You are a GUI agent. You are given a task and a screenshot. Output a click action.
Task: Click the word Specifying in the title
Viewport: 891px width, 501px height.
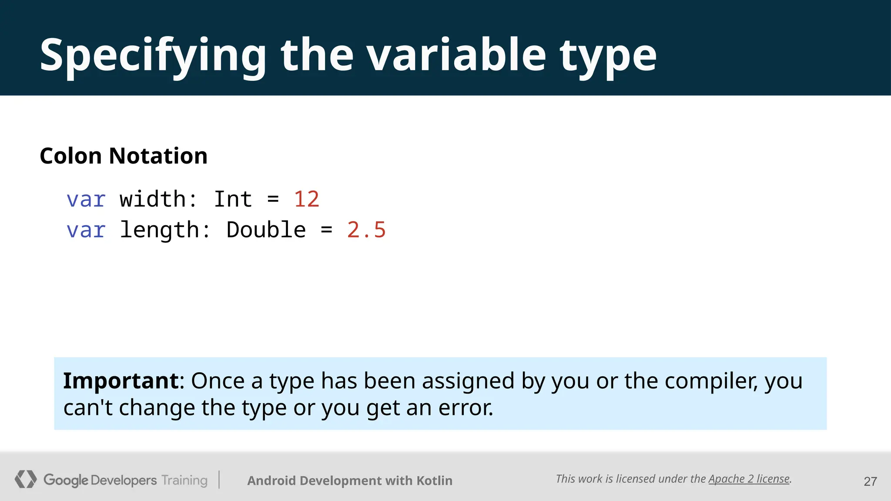click(152, 56)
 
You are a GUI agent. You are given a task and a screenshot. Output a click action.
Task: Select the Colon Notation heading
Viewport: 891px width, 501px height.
click(124, 156)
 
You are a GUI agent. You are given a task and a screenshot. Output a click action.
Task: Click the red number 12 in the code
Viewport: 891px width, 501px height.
click(306, 200)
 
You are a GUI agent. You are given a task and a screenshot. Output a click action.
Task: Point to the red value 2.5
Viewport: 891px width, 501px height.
click(366, 230)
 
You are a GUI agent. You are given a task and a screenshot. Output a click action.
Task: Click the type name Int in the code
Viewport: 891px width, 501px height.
click(233, 200)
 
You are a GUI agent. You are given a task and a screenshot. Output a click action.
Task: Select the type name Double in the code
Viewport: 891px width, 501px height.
click(266, 230)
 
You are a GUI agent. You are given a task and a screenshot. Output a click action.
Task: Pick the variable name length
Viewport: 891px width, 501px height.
click(159, 230)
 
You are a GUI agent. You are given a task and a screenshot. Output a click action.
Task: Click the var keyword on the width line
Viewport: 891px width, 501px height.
click(86, 200)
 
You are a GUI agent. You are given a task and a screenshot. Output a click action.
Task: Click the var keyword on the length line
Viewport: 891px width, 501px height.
click(86, 230)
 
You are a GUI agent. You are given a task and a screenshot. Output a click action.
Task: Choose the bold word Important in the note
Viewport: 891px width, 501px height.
click(121, 381)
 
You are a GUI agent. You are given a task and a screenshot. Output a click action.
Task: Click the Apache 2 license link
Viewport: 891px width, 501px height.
click(749, 479)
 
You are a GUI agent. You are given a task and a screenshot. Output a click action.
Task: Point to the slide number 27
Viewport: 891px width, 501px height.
click(870, 481)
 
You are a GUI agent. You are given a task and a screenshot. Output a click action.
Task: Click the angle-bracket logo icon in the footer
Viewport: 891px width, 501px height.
click(26, 479)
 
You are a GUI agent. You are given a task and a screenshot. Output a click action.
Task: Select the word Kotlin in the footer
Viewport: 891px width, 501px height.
click(434, 481)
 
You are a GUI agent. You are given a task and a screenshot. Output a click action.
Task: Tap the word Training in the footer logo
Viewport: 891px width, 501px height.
click(184, 480)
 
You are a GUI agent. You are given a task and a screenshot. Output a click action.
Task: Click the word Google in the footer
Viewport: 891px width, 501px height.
click(66, 480)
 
